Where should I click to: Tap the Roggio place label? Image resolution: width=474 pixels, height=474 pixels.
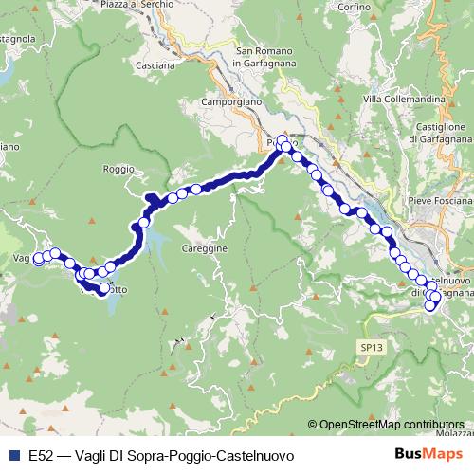[118, 170]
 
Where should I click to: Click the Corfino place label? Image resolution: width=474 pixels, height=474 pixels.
[376, 33]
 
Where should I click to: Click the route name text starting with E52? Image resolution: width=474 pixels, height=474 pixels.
[161, 456]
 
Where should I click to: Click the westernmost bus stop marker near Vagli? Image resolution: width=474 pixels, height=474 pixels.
[39, 259]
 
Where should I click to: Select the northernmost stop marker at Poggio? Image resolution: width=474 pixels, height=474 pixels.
[282, 140]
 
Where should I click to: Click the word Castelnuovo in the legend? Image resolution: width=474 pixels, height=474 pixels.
[259, 456]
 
